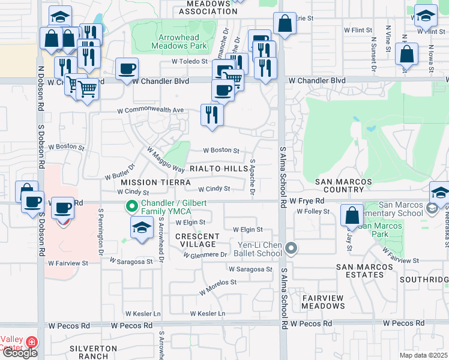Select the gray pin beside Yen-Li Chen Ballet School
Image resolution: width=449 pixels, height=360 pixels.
(x=291, y=247)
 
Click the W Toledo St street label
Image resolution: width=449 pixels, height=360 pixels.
(x=189, y=61)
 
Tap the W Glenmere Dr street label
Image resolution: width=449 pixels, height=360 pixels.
(x=205, y=255)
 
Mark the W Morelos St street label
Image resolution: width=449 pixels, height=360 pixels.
(x=217, y=283)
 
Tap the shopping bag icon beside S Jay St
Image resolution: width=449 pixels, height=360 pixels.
(x=352, y=215)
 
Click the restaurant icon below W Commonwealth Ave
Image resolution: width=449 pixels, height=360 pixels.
(x=211, y=114)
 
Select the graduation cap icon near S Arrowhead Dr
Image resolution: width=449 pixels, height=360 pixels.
(x=141, y=228)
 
